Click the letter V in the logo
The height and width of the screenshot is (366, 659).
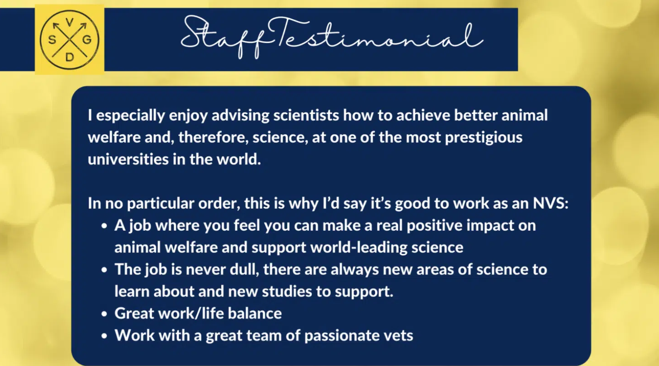[69, 22]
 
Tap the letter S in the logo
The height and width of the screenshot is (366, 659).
[52, 39]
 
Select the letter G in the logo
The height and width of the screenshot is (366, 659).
[87, 39]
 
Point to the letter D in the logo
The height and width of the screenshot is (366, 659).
[69, 57]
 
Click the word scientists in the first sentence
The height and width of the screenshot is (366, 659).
[306, 115]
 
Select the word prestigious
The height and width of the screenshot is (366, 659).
[483, 138]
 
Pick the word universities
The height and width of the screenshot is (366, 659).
[128, 159]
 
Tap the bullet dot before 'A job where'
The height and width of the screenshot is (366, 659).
[104, 226]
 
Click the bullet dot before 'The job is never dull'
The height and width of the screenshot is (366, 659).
[104, 270]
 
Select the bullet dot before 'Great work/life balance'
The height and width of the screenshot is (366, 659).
[104, 314]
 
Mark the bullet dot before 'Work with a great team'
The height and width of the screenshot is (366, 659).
[104, 336]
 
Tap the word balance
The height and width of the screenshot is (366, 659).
[255, 313]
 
